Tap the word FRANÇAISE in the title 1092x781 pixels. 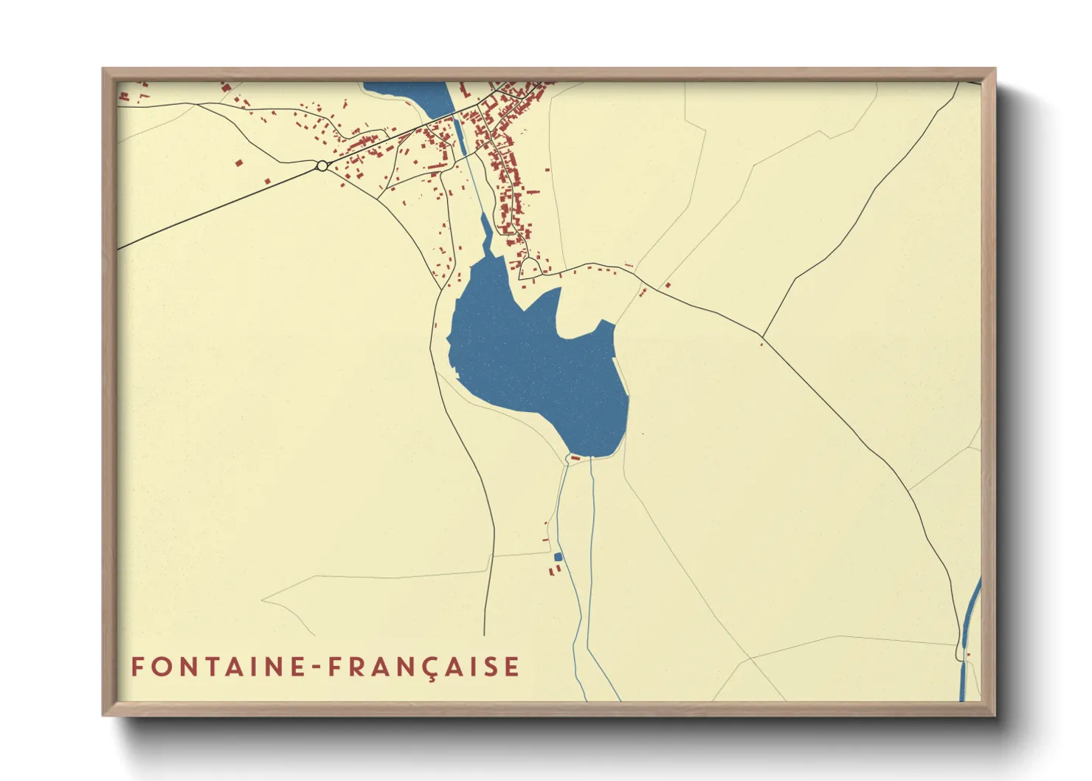(x=424, y=667)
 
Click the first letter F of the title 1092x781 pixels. (x=136, y=667)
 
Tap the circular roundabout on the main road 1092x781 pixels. (x=322, y=166)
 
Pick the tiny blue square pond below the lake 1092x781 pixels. (x=558, y=557)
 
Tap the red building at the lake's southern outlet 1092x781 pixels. (x=575, y=458)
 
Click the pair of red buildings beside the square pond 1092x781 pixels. (x=556, y=569)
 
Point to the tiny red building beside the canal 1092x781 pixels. (x=968, y=654)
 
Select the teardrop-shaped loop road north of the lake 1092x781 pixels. (x=530, y=268)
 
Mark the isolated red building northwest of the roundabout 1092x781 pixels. (x=238, y=162)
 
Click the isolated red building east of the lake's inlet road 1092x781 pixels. (x=668, y=285)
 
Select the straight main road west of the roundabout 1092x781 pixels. (x=221, y=207)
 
